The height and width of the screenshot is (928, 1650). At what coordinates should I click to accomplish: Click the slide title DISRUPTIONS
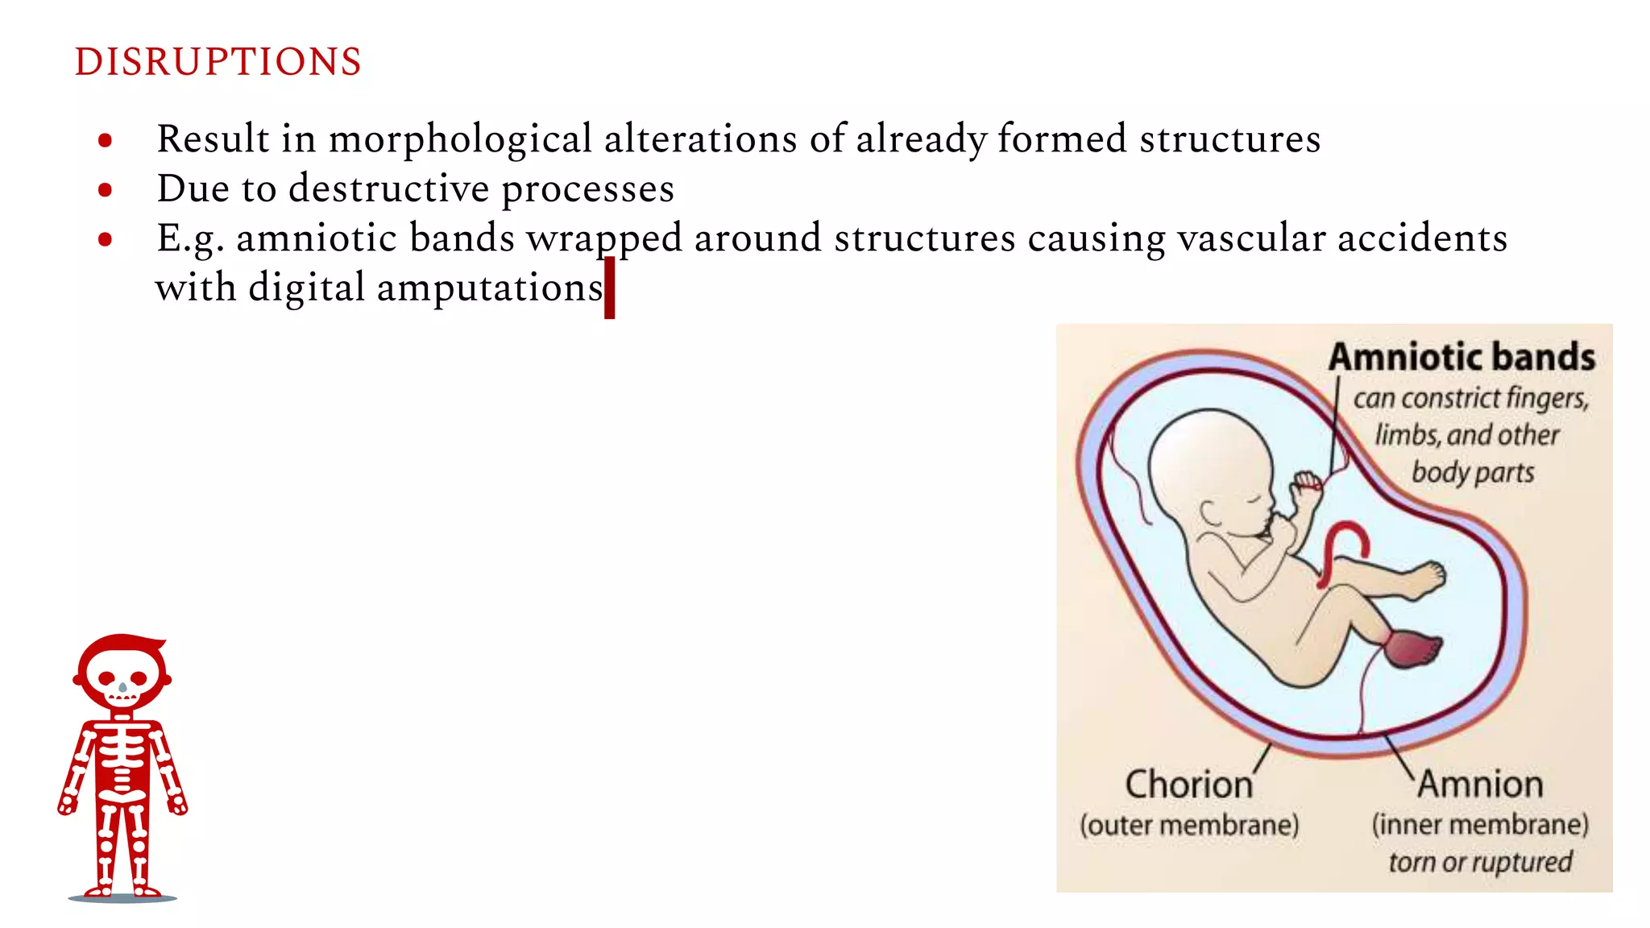(218, 62)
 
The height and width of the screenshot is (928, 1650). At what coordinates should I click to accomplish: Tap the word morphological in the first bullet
(461, 139)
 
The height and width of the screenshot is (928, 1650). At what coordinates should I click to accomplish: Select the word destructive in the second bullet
(388, 189)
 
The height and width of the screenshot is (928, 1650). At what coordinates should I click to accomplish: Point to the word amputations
(490, 288)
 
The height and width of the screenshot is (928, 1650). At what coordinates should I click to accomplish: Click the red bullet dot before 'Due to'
(105, 190)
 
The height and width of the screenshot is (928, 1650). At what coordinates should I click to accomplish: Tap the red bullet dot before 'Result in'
(105, 141)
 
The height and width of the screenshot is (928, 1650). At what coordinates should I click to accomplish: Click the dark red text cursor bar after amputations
(610, 288)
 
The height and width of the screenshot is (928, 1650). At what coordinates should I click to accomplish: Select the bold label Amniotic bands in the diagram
(1461, 357)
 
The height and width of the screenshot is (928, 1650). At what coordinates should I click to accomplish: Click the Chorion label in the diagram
(1188, 785)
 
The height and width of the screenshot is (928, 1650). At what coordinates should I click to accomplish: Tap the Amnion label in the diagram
(1480, 784)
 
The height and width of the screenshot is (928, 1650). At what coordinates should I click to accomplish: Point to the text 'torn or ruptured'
(1480, 862)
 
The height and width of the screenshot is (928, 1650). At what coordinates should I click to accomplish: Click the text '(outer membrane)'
(1189, 825)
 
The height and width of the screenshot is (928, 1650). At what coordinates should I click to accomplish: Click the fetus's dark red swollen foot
(1414, 648)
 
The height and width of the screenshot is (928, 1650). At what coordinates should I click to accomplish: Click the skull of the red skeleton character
(122, 673)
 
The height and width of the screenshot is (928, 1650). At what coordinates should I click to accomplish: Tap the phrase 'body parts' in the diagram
(1473, 472)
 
